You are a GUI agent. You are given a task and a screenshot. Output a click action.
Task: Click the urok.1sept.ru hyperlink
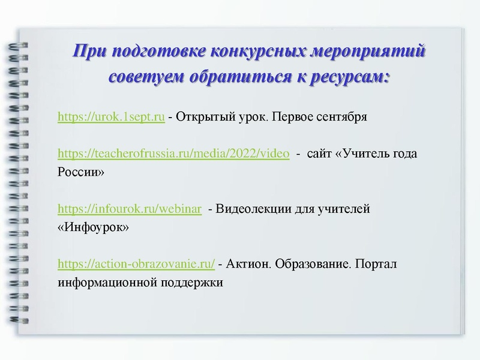tap(111, 116)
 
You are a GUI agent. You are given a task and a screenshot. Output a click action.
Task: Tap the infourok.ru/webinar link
tap(129, 209)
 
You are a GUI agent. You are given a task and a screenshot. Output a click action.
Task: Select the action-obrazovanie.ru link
tap(136, 263)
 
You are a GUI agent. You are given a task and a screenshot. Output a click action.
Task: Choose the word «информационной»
tap(104, 282)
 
